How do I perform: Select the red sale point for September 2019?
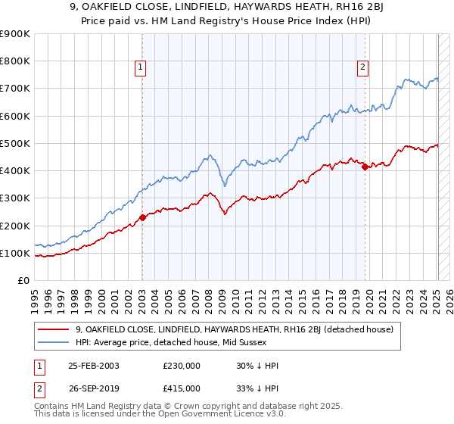[x=365, y=167]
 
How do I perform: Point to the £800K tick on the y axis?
[x=15, y=61]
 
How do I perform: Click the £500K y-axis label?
[x=15, y=143]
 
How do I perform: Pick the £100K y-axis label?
[x=15, y=253]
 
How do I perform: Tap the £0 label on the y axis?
[x=23, y=280]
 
